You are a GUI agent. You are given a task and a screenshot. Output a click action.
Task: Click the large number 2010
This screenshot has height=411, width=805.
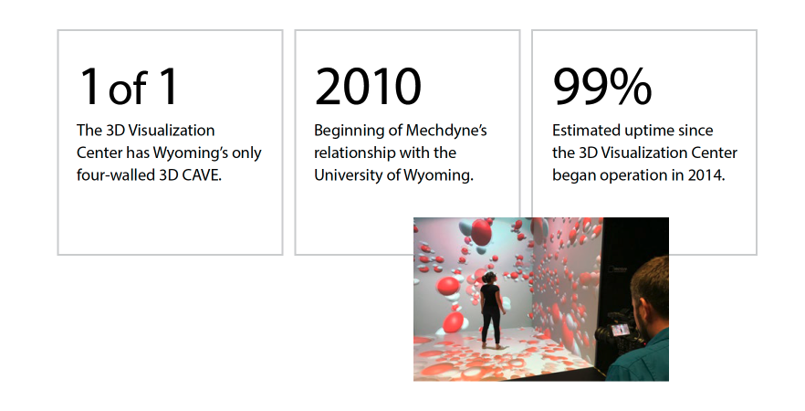click(368, 87)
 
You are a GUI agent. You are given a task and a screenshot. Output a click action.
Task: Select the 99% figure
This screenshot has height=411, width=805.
click(602, 87)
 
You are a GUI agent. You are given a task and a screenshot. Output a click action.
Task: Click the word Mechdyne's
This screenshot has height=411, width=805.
click(446, 131)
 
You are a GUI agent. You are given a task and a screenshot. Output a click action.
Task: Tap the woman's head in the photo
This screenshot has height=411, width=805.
click(489, 278)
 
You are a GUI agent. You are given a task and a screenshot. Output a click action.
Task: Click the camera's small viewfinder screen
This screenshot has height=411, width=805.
click(621, 330)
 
